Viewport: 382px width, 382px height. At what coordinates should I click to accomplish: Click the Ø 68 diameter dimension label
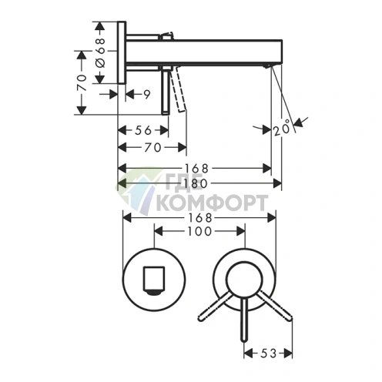tap(101, 53)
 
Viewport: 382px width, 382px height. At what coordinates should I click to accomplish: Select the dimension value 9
tap(146, 95)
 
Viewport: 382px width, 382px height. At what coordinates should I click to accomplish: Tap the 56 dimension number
tap(143, 130)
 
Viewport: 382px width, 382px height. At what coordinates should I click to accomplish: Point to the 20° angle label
tap(281, 128)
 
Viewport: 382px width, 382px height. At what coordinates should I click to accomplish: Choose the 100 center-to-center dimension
tap(199, 231)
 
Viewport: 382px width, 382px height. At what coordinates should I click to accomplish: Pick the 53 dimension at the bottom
tap(268, 354)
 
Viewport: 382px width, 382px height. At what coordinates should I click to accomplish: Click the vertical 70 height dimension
tap(82, 82)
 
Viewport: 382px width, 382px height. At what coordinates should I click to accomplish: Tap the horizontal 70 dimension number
tap(152, 147)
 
